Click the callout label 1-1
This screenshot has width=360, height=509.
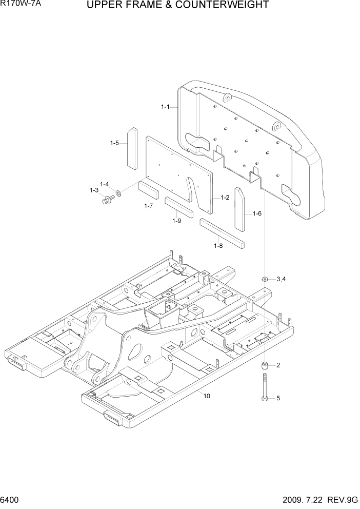point(165,107)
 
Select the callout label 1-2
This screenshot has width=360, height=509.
point(225,198)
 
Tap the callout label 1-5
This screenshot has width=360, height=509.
point(114,143)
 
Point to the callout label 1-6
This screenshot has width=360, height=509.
point(256,213)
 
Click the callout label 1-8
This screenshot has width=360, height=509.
point(218,246)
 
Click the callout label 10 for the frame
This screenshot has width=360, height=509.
point(207,396)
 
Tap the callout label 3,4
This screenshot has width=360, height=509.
point(281,279)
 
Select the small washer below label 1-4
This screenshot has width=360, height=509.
point(119,193)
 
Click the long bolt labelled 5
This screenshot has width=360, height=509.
point(265,388)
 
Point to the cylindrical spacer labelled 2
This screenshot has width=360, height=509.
point(265,366)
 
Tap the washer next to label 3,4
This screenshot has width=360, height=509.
point(265,279)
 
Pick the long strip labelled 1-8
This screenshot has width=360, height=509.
point(223,232)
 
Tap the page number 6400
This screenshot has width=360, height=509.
point(11,500)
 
